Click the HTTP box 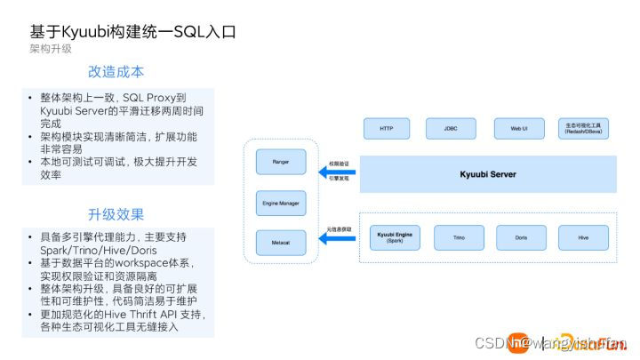(387, 129)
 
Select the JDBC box (452, 129)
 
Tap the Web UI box (519, 129)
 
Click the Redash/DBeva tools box (583, 129)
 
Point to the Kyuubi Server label (487, 173)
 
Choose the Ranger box (280, 162)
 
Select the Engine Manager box (280, 203)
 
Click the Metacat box (280, 241)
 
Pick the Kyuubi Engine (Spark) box (392, 238)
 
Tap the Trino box (459, 238)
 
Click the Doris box (521, 238)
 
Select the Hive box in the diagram (583, 238)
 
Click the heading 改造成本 (116, 72)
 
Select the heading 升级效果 (116, 214)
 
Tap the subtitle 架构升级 (50, 49)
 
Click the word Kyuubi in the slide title (91, 31)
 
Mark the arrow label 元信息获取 (339, 229)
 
